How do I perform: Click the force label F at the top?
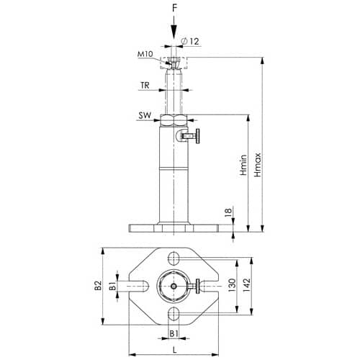[174, 9]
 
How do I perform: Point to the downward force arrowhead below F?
[174, 32]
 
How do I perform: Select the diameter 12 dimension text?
[191, 41]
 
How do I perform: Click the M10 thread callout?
[145, 54]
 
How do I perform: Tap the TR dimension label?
[145, 85]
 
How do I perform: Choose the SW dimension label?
[145, 115]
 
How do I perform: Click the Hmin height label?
[243, 165]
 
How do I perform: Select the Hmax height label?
[258, 165]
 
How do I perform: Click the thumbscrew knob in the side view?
[197, 136]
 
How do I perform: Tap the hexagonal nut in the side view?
[174, 120]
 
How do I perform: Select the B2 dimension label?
[98, 286]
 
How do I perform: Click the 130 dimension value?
[232, 285]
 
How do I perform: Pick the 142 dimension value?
[246, 285]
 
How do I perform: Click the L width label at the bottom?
[174, 350]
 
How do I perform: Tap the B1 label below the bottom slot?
[174, 333]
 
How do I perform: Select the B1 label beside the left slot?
[113, 286]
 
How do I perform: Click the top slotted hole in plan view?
[174, 258]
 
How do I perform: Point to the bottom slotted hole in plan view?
[174, 313]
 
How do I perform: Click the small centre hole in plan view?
[174, 286]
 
